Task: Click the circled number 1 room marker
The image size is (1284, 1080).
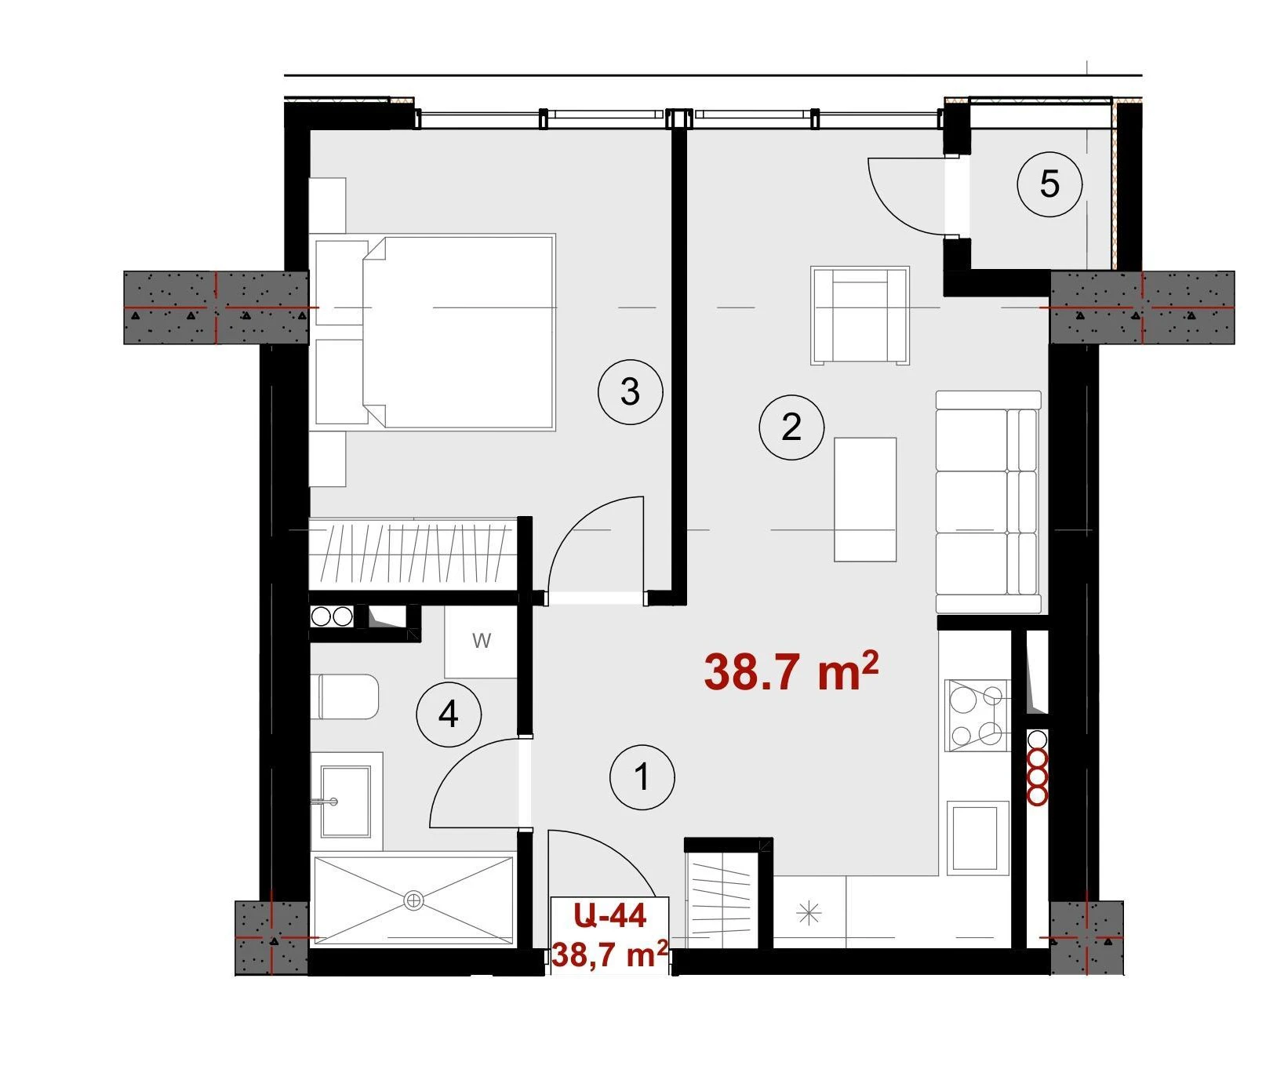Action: (642, 777)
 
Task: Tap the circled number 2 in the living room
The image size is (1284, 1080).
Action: (791, 427)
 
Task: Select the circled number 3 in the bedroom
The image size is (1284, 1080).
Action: (630, 391)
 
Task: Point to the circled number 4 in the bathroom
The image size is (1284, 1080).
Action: (449, 715)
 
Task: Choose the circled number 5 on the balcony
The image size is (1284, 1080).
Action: (1049, 185)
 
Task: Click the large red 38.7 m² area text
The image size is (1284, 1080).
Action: (791, 671)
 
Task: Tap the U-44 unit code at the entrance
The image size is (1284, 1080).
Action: (609, 915)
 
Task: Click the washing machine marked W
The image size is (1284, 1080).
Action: (481, 641)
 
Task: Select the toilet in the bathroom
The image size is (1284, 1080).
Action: (348, 696)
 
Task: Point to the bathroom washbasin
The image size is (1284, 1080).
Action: (346, 802)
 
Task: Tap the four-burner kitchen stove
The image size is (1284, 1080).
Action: (977, 715)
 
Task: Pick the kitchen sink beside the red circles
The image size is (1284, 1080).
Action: (977, 838)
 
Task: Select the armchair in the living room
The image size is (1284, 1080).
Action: (860, 315)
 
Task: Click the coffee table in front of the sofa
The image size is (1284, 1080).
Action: (865, 500)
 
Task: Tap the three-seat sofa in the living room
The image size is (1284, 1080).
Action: (988, 502)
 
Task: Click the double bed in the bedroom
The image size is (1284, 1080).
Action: (435, 331)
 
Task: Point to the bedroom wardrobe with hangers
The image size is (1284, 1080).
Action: (413, 554)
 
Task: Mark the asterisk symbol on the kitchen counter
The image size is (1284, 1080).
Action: (809, 914)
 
